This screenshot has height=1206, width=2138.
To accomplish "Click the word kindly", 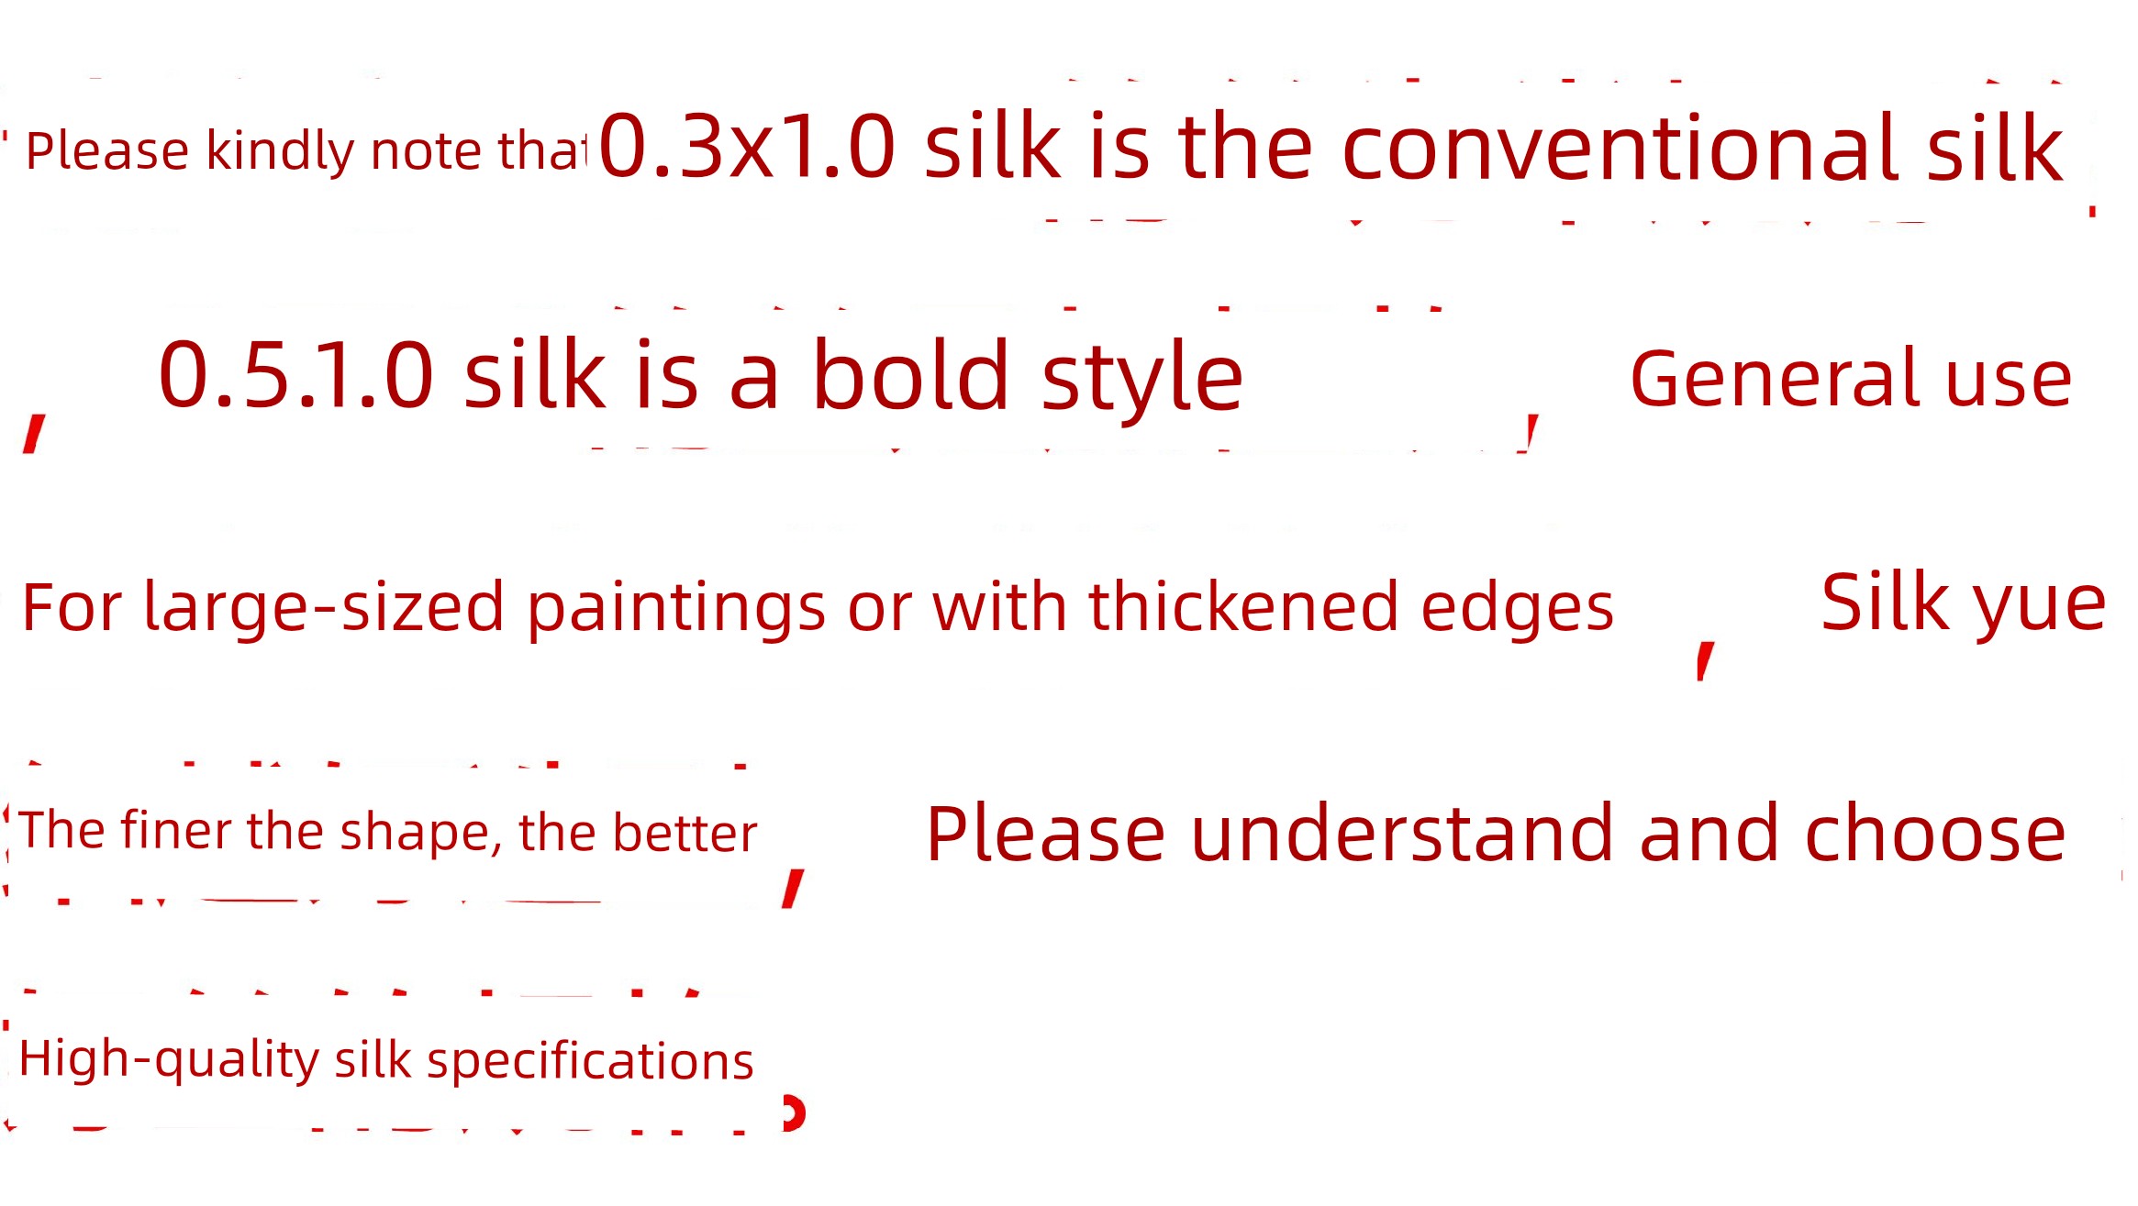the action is coord(281,150).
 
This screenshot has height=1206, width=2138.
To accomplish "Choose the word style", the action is coord(1142,378).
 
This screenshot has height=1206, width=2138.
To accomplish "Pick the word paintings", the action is coord(676,608).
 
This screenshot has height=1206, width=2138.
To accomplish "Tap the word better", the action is coord(685,833).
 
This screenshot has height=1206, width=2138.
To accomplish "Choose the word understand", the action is coord(1401,833).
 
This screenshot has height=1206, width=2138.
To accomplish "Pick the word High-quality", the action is coord(169,1061).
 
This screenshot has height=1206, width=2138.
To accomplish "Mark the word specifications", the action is coord(590,1062).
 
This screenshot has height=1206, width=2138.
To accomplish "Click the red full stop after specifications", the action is coord(794,1112).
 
